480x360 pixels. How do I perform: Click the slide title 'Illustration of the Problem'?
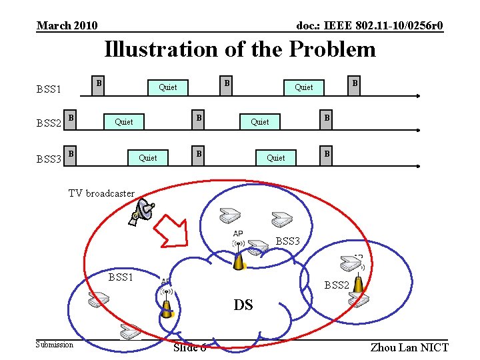pos(240,49)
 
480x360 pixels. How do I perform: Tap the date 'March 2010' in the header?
pos(67,26)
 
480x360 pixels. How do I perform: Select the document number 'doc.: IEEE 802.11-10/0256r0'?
pos(369,26)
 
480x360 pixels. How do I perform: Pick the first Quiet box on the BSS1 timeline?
pos(168,87)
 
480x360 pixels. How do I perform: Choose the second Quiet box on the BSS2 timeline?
pos(260,121)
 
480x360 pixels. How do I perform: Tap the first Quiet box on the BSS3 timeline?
pos(148,157)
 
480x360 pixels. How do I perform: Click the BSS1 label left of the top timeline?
pos(49,89)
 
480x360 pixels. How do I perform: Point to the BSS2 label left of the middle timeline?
pos(49,123)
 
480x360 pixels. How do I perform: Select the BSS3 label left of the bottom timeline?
pos(49,159)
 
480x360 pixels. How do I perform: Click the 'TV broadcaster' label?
pos(101,193)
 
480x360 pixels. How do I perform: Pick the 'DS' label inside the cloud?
pos(243,305)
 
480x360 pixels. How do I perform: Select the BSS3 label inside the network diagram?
pos(288,241)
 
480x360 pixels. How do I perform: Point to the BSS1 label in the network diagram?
pos(121,277)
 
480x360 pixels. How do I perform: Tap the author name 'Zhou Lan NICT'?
pos(409,347)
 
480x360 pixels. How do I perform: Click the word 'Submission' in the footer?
pos(55,345)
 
